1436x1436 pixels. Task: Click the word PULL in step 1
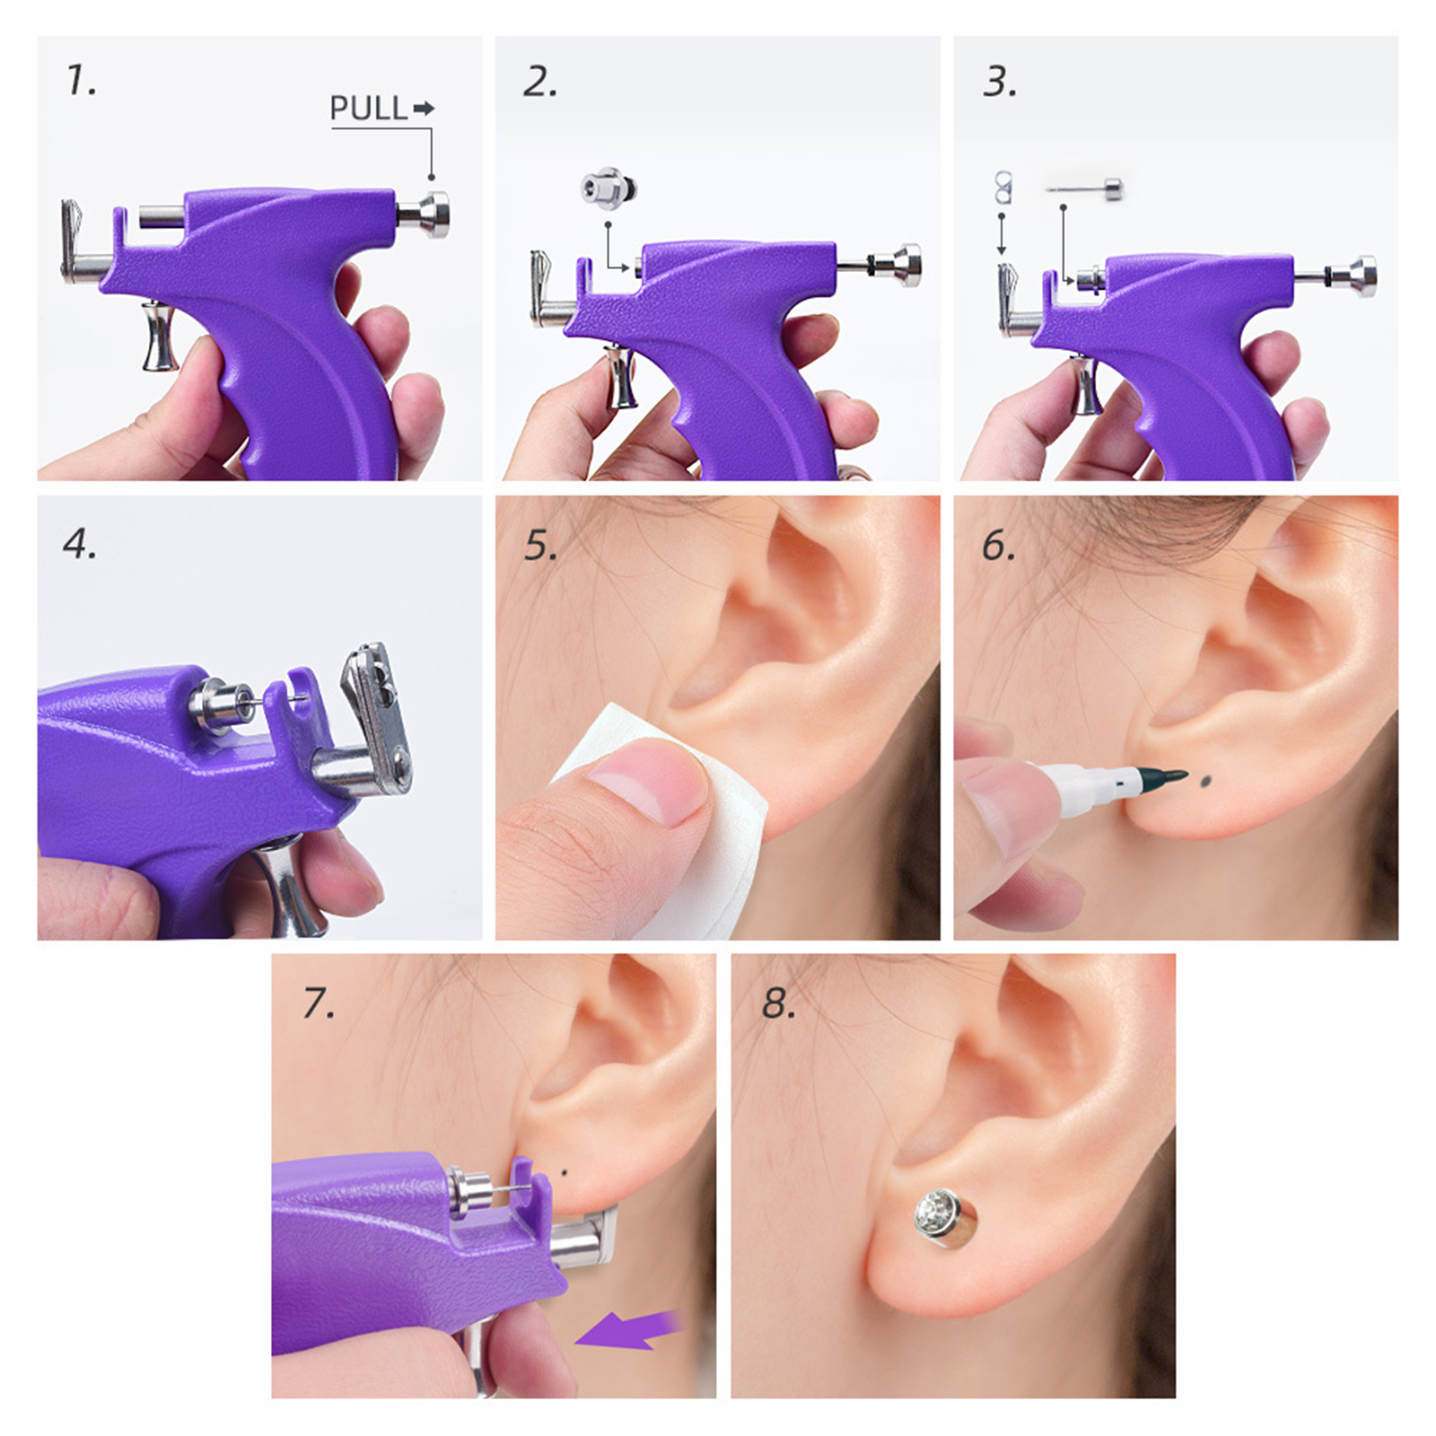click(x=368, y=109)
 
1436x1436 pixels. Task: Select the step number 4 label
click(x=80, y=544)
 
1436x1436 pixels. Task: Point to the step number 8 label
click(x=778, y=1003)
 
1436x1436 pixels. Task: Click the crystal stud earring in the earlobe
click(x=946, y=1216)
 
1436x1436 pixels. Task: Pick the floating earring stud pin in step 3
click(x=1085, y=189)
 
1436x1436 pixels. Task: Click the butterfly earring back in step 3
click(x=1002, y=188)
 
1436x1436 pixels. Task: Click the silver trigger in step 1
click(x=160, y=336)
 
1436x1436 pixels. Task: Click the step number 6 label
click(x=998, y=545)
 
